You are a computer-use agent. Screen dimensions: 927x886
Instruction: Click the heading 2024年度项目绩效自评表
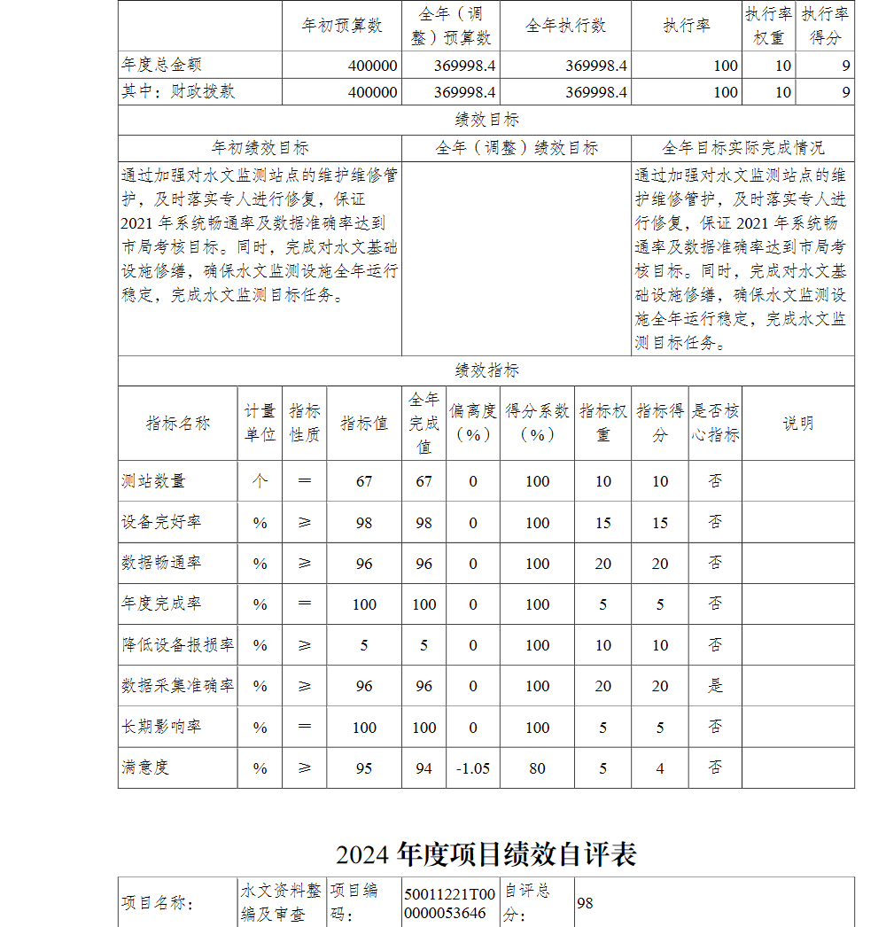click(x=486, y=854)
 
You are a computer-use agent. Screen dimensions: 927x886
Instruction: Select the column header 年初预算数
click(x=342, y=26)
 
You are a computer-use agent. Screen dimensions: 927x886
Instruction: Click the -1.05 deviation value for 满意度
click(x=473, y=768)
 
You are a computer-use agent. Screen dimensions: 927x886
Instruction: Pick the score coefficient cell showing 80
click(x=537, y=768)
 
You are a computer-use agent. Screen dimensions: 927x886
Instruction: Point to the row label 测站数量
click(x=154, y=481)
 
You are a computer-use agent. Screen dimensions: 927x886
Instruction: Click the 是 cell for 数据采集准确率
click(x=715, y=686)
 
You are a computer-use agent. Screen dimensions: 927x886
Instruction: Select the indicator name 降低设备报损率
click(x=177, y=645)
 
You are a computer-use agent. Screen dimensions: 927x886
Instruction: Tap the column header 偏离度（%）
click(x=473, y=423)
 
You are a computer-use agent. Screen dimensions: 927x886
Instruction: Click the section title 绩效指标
click(x=486, y=370)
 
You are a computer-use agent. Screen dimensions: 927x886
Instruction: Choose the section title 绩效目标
click(x=486, y=120)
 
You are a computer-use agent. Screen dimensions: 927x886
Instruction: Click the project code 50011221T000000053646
click(x=449, y=902)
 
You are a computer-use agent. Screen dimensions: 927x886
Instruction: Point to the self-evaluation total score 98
click(x=585, y=903)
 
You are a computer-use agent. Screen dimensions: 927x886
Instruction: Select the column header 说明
click(x=797, y=423)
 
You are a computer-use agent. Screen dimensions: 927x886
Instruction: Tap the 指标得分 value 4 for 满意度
click(x=659, y=768)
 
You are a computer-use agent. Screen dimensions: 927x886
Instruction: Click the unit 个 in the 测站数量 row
click(x=260, y=481)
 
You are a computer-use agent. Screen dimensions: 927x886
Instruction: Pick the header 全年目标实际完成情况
click(x=742, y=147)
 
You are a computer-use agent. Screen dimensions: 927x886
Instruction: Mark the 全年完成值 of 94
click(x=424, y=768)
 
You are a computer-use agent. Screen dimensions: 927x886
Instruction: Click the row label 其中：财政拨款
click(x=178, y=92)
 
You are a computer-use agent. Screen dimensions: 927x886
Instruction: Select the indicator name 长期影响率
click(x=161, y=727)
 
